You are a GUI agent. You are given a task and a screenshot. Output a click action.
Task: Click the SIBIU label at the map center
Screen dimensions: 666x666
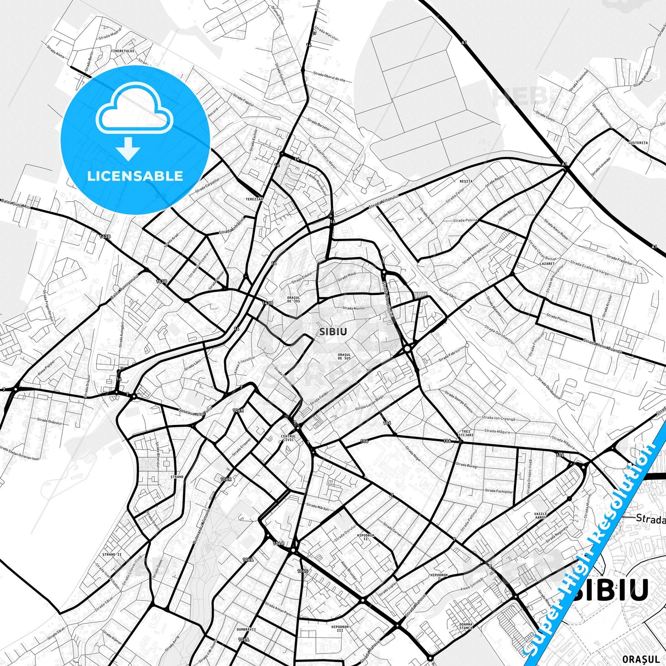pos(333,331)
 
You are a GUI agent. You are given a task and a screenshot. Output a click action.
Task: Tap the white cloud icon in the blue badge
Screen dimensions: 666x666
pos(135,109)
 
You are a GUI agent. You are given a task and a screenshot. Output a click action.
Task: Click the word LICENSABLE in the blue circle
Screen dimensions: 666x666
pos(135,176)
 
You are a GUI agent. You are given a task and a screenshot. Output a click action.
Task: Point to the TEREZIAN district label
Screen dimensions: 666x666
pos(254,200)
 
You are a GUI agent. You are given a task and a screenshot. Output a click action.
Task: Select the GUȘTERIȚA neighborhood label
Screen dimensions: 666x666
pos(638,143)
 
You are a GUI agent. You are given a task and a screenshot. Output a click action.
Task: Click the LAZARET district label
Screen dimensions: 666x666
pos(547,264)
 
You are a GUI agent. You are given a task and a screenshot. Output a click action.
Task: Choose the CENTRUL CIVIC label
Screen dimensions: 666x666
pos(288,437)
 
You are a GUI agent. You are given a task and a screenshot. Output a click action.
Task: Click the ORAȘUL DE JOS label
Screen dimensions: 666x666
pos(293,299)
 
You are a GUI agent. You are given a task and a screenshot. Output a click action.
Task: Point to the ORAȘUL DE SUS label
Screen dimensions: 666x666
pos(344,356)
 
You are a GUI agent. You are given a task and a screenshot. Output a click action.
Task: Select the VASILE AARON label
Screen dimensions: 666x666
pos(540,515)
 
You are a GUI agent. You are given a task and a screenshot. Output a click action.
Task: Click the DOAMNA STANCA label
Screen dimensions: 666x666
pos(466,626)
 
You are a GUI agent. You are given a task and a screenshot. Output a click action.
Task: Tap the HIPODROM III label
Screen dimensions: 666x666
pos(340,628)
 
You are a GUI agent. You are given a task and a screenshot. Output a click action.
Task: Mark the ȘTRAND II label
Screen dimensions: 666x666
pos(112,554)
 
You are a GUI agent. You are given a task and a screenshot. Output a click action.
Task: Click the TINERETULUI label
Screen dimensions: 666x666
pos(123,51)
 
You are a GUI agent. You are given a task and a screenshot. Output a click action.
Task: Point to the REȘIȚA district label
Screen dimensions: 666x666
pos(466,181)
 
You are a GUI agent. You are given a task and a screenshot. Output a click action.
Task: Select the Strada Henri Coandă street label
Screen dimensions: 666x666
pos(603,347)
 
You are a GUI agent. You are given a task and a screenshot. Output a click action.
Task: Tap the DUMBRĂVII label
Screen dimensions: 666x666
pos(246,629)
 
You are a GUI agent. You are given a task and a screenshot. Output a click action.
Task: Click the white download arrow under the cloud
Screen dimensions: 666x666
pos(129,148)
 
